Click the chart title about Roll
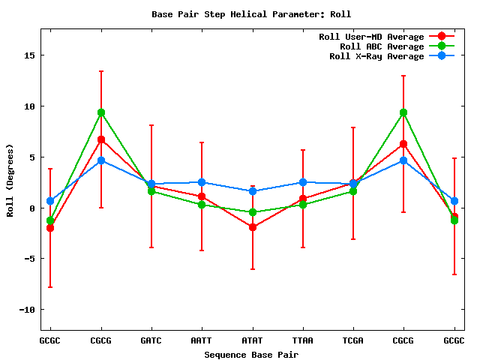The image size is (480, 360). point(251,14)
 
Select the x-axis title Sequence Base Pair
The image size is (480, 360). point(251,353)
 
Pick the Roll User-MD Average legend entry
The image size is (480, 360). point(371,37)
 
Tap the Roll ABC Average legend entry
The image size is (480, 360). point(382,46)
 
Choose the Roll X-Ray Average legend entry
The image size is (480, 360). point(376,56)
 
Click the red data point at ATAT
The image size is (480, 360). point(252,226)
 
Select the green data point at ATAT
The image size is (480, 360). point(252,212)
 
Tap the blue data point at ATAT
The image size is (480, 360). point(252,191)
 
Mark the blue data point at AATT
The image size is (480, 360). point(202,182)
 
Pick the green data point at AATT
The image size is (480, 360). point(202,205)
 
